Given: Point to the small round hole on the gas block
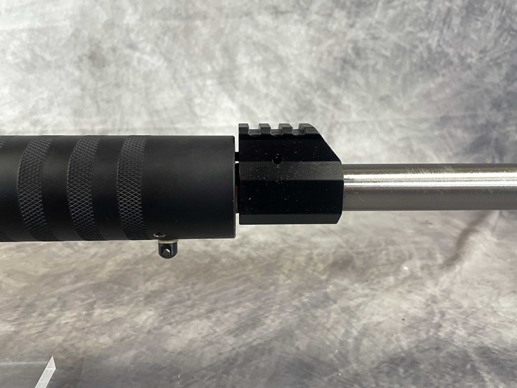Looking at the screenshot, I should click(278, 158).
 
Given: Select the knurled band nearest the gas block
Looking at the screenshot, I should click(132, 185).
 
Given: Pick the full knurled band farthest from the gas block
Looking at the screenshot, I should click(35, 187).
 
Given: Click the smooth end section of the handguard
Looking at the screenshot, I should click(192, 185).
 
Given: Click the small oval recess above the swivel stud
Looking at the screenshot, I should click(159, 235).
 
